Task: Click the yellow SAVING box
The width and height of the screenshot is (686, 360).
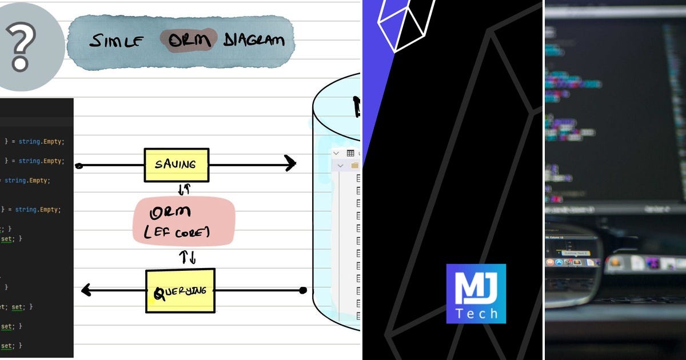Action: point(176,165)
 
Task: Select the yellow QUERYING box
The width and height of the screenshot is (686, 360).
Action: point(180,290)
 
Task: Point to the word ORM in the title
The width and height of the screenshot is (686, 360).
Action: point(188,40)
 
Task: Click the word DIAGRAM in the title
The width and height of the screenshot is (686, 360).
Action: point(254,40)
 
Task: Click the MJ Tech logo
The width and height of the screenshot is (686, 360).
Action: point(476,294)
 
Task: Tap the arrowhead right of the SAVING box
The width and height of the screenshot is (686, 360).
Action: point(290,164)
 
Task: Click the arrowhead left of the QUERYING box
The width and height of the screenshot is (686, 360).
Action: point(87,290)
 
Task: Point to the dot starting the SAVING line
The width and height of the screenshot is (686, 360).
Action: point(79,166)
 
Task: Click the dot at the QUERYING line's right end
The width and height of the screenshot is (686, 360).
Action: point(303,290)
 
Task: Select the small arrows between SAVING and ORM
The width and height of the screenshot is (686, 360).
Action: point(184,189)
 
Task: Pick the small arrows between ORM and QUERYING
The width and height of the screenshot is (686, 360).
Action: point(189,257)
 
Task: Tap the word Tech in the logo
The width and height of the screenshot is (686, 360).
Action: point(476,313)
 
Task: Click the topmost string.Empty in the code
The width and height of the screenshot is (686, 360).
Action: point(41,141)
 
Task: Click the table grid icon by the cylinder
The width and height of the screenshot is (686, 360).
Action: point(350,153)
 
